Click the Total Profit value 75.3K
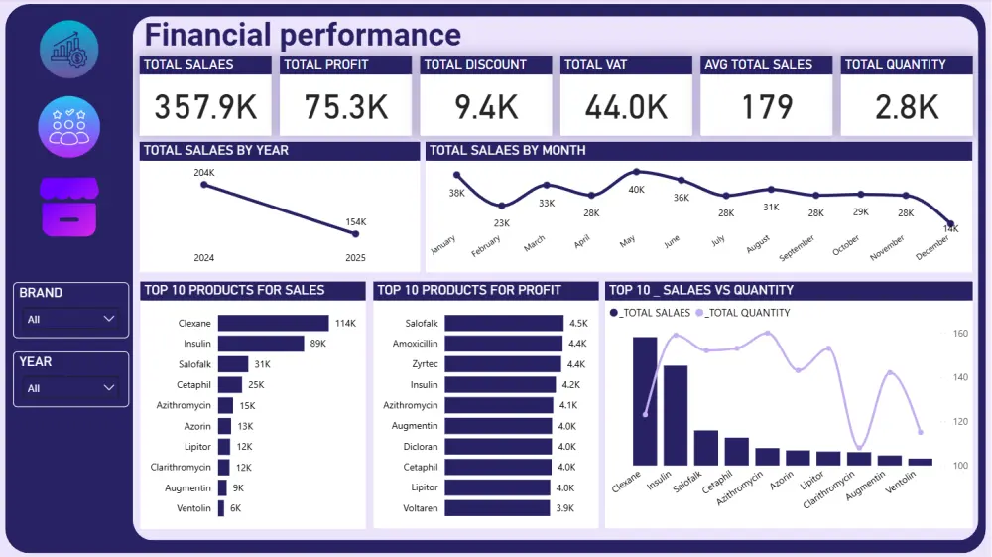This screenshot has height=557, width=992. pos(345,106)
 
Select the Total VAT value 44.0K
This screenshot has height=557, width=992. pos(626,106)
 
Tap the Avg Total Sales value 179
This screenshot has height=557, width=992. pos(767,106)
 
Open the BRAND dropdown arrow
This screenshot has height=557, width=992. pos(109,320)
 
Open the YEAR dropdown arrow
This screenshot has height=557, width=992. pos(109,388)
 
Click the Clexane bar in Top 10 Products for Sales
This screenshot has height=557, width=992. pos(273,323)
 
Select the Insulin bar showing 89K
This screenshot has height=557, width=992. pos(261,344)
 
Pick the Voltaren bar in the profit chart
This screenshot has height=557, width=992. pos(497,507)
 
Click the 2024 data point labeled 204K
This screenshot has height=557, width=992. pos(204,184)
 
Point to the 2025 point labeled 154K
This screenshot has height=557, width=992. pos(355,233)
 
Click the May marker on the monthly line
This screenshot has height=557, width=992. pos(636,172)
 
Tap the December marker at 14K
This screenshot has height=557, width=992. pos(951,224)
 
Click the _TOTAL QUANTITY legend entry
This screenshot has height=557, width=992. pos(744,313)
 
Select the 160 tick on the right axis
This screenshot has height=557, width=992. pos(960,334)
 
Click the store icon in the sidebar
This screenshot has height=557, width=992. pos(68,208)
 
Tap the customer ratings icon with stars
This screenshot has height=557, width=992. pos(68,127)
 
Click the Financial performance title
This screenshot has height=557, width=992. pos(303,35)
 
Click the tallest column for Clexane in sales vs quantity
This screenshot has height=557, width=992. pos(645,401)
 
